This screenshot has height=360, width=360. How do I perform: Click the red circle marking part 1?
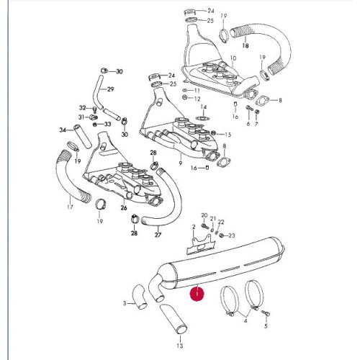197,294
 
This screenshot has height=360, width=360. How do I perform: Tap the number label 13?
180,346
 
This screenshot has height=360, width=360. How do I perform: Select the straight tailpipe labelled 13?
174,320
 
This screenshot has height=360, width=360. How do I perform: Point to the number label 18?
246,45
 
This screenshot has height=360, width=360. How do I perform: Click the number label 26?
124,207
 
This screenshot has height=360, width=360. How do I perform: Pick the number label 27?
158,235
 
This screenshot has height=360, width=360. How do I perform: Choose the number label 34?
63,130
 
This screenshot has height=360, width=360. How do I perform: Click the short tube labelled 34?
82,136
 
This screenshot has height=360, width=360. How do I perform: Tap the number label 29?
110,89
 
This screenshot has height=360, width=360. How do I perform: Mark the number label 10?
233,58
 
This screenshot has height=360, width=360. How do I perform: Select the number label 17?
70,207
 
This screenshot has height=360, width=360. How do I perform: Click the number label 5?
266,326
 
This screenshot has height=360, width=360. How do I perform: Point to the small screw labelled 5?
266,312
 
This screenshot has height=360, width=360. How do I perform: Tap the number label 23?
231,235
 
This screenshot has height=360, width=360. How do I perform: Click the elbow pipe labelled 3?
139,297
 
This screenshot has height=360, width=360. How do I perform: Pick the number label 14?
204,107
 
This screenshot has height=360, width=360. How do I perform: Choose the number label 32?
83,108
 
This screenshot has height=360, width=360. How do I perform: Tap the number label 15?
228,134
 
